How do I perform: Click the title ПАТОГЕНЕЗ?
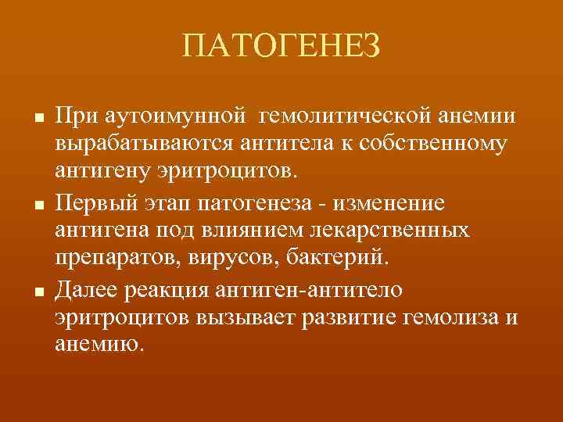[x=281, y=48]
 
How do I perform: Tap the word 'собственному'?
[x=442, y=145]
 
